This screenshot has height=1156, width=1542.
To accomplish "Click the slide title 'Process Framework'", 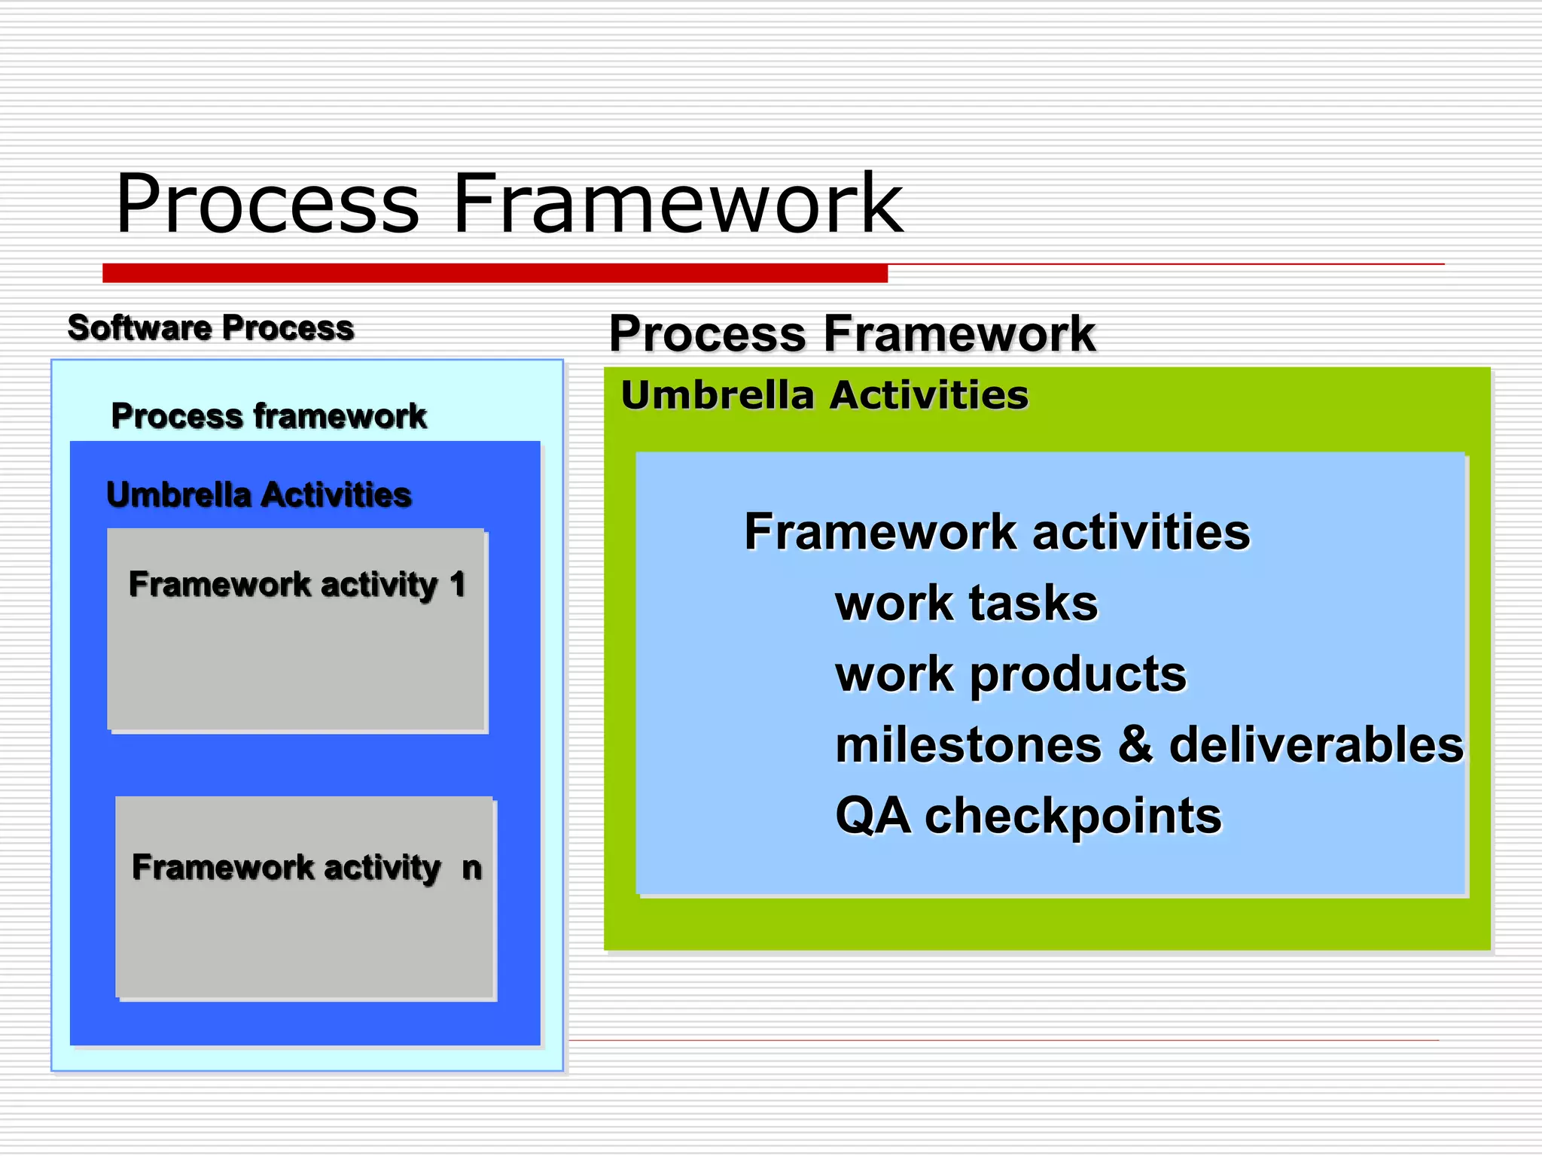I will click(x=508, y=203).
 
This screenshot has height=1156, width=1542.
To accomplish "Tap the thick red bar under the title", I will click(x=495, y=272).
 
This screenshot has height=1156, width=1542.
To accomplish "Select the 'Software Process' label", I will click(x=211, y=328).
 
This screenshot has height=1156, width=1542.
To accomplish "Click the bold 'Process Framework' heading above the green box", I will click(x=852, y=333).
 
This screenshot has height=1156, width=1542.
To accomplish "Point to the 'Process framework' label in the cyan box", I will click(x=269, y=416).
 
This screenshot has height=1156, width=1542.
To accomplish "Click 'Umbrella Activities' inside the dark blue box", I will click(x=259, y=495).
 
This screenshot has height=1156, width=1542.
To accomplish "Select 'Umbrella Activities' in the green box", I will click(x=824, y=395).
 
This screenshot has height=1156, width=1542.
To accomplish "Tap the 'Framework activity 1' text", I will click(x=297, y=585).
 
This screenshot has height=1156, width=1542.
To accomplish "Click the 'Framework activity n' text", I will click(x=306, y=868).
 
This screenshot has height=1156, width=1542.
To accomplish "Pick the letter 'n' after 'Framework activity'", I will click(x=471, y=869).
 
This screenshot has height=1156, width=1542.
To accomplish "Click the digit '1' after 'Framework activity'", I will click(x=458, y=585).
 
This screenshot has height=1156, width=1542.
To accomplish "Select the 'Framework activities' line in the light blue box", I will click(x=997, y=532).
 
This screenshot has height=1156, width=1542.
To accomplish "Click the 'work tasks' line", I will click(x=967, y=604).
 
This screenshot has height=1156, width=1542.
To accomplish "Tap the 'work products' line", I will click(x=1011, y=674).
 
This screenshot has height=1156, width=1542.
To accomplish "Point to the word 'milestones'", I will click(x=969, y=745).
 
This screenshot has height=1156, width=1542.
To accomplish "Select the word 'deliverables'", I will click(x=1316, y=745).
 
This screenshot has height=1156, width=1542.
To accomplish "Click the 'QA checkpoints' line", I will click(x=1029, y=816).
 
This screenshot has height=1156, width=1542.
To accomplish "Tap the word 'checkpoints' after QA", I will click(x=1073, y=817).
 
